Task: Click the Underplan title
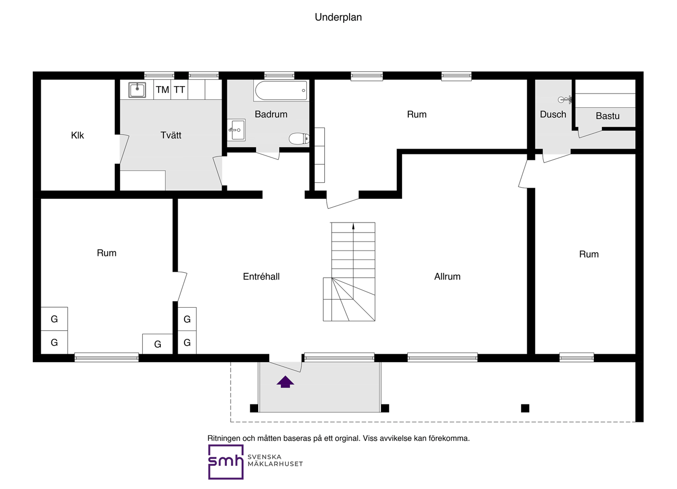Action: coord(338,17)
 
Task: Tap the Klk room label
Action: coord(77,135)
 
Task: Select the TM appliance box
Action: coord(162,90)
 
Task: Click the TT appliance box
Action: coord(179,90)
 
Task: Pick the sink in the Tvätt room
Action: coord(137,90)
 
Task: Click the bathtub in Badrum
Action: coord(281,90)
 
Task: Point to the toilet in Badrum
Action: coord(299,139)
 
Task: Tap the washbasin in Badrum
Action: coord(236,130)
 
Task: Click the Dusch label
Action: coord(553,114)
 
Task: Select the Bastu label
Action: coord(608,116)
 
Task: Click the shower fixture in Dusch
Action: coord(564,99)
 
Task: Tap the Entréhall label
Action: coord(261,276)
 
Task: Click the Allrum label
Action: coord(447,276)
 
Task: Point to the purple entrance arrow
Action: coord(285,382)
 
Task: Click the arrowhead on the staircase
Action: coord(353,226)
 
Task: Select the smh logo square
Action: coord(226,462)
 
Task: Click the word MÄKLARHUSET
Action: coord(275,464)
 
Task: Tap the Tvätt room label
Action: coord(171,135)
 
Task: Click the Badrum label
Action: coord(271,114)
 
